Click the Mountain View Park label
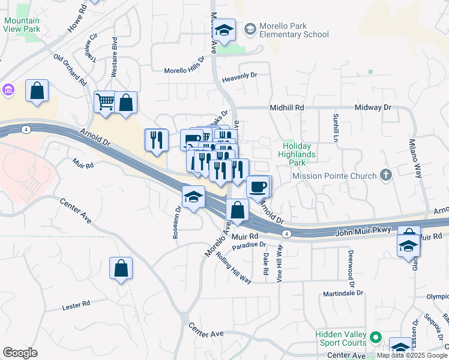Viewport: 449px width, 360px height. tap(22, 24)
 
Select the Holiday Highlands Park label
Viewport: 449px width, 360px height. tap(298, 154)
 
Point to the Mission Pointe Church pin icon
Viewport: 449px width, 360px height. tap(385, 176)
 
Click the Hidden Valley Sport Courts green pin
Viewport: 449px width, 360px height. tap(376, 338)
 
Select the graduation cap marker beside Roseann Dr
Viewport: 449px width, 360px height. tap(193, 197)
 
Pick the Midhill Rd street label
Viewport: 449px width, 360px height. tap(288, 107)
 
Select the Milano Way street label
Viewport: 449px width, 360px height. tap(420, 160)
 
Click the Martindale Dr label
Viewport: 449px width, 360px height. tap(343, 293)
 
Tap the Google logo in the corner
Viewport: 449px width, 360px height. tap(20, 352)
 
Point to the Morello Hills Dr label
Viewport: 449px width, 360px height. tap(185, 70)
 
